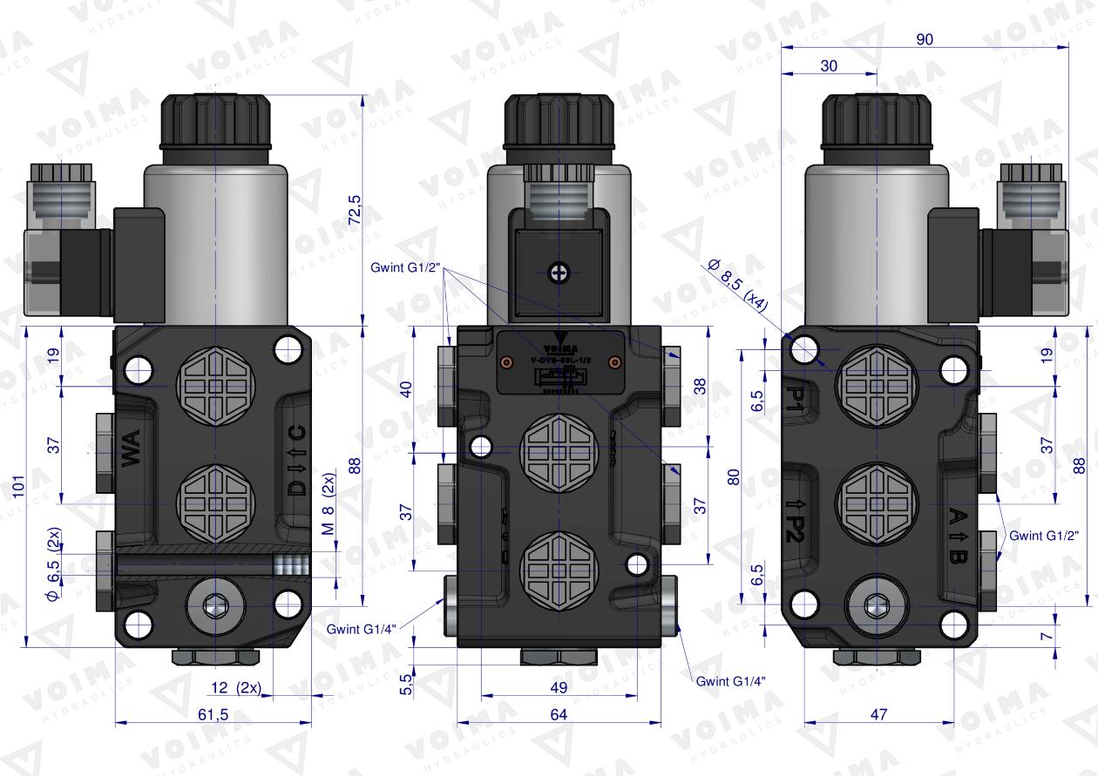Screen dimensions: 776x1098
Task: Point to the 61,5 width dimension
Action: point(213,714)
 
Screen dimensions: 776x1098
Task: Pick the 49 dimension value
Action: point(559,687)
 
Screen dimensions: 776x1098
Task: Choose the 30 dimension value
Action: point(829,65)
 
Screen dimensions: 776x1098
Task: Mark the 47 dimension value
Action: point(878,714)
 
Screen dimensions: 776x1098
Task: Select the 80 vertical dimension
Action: point(734,477)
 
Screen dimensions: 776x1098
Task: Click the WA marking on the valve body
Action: point(132,453)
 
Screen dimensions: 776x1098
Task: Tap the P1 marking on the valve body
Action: point(796,395)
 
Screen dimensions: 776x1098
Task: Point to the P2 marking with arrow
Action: point(795,522)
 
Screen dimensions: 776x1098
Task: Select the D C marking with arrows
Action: point(297,461)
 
